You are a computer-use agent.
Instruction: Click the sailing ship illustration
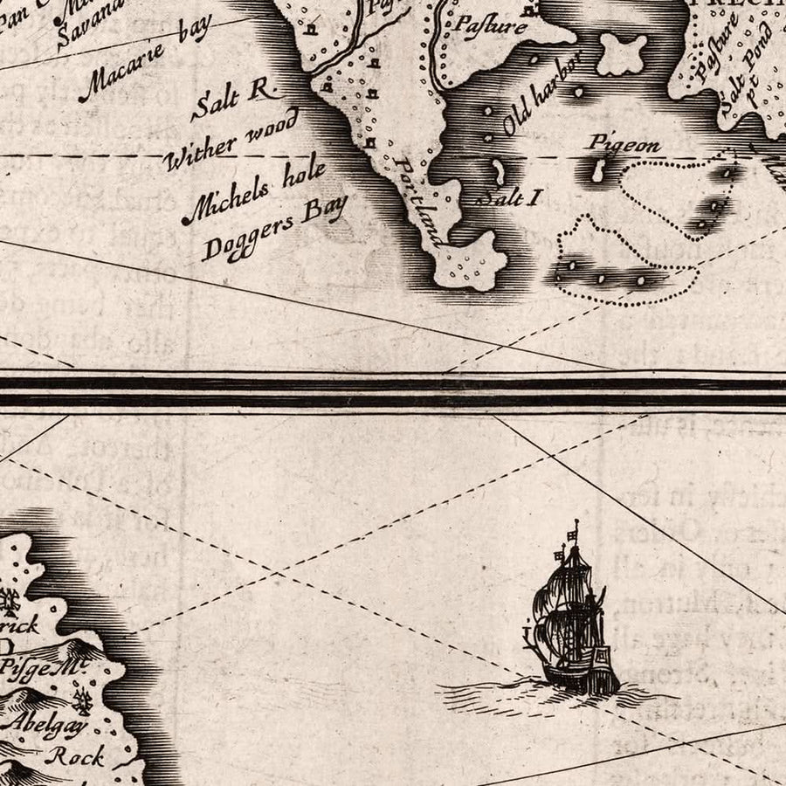click(569, 620)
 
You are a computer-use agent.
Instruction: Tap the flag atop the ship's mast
click(574, 531)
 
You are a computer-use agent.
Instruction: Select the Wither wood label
click(231, 139)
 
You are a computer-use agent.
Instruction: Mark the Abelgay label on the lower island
click(45, 723)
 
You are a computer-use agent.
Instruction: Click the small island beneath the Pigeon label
click(598, 171)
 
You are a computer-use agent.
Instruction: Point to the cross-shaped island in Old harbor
click(622, 55)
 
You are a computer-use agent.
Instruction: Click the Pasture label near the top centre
click(488, 25)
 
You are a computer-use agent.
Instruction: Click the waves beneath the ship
click(559, 694)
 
